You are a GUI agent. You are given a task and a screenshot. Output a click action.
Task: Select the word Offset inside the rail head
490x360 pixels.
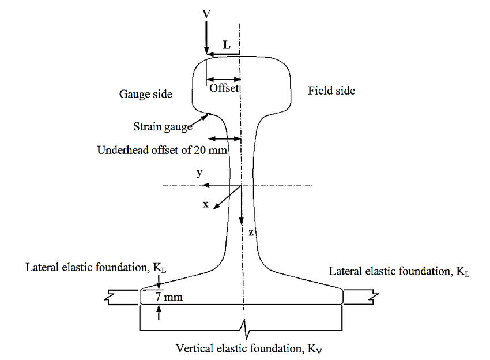pyautogui.click(x=224, y=88)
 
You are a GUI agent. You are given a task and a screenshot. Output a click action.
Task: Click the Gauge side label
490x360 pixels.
pyautogui.click(x=145, y=94)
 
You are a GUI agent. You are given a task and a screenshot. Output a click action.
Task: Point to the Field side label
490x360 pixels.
pyautogui.click(x=331, y=91)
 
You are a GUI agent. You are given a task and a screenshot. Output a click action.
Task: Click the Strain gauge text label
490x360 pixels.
pyautogui.click(x=163, y=127)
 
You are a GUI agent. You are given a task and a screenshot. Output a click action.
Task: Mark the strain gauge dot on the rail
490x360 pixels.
pyautogui.click(x=209, y=114)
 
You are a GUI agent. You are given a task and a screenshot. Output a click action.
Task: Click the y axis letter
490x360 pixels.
pyautogui.click(x=199, y=173)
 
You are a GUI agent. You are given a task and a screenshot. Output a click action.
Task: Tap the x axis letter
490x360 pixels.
pyautogui.click(x=205, y=205)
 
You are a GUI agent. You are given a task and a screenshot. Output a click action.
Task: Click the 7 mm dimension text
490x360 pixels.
pyautogui.click(x=168, y=298)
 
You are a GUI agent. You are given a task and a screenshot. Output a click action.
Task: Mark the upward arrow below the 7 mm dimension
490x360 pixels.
pyautogui.click(x=159, y=313)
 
